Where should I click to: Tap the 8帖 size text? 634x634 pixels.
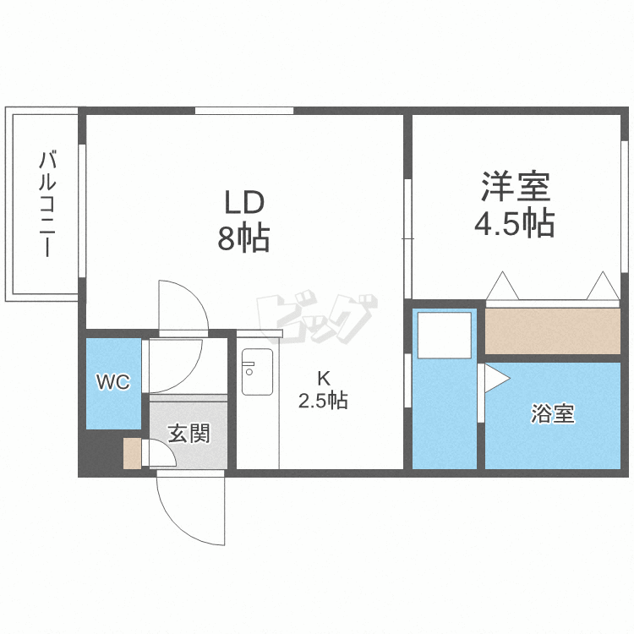(x=243, y=239)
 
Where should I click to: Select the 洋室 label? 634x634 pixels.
(x=515, y=185)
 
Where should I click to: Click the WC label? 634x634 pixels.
(x=112, y=383)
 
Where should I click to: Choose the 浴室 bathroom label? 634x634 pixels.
(x=553, y=414)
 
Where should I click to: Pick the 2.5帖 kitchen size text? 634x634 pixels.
(x=322, y=401)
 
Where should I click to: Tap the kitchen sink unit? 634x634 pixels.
(x=257, y=371)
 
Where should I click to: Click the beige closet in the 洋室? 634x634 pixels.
(x=552, y=331)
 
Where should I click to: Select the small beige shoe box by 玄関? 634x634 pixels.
(x=132, y=454)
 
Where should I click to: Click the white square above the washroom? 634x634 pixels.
(x=446, y=334)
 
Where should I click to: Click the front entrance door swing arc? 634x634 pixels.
(x=190, y=513)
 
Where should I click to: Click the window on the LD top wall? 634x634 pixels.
(x=244, y=110)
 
